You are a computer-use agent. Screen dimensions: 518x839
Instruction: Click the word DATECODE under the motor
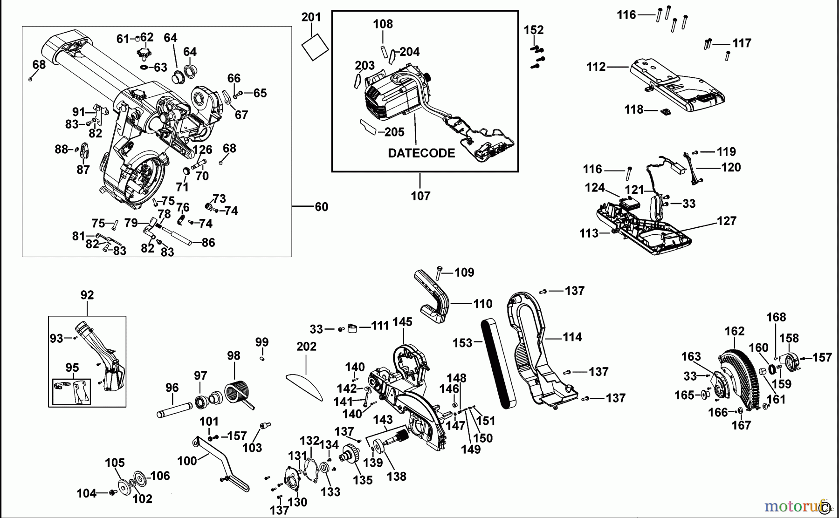click(x=421, y=153)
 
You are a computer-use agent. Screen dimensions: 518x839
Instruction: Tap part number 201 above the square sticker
click(x=311, y=17)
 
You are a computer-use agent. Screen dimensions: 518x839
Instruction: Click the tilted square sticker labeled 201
click(x=315, y=47)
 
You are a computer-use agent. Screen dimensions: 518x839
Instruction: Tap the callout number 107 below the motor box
click(x=420, y=196)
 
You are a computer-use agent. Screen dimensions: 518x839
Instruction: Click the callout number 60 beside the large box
click(x=321, y=207)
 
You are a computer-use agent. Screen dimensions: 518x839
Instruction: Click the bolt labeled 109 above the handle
click(x=439, y=272)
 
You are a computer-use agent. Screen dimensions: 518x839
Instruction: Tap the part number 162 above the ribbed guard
click(x=734, y=331)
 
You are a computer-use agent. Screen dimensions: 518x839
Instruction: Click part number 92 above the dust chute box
click(x=87, y=295)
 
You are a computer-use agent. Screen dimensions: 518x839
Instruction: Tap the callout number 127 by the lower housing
click(x=726, y=221)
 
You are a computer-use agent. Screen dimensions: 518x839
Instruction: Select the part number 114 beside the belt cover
click(x=572, y=337)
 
